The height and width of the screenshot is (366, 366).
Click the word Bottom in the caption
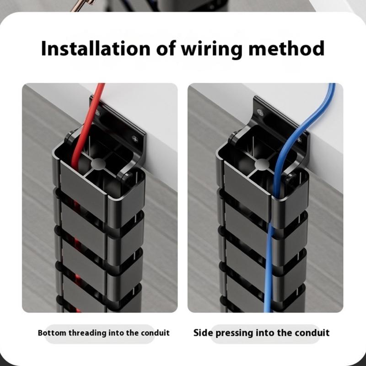(52, 333)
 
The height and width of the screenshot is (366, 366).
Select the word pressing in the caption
(234, 333)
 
